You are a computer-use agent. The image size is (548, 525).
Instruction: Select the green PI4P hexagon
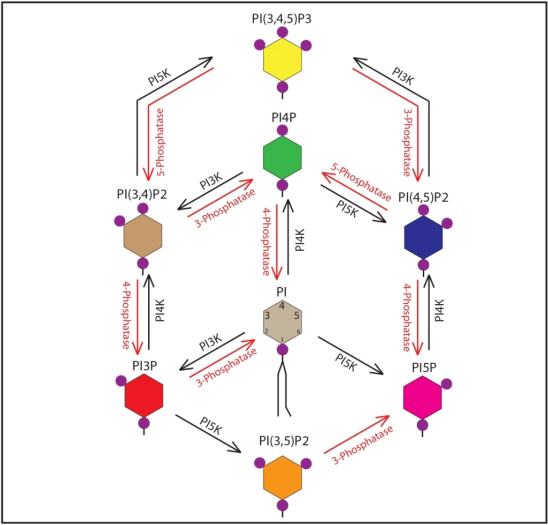click(x=282, y=158)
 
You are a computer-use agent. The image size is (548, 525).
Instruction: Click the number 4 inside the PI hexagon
click(x=282, y=305)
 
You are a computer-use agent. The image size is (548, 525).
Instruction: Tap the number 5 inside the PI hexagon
click(x=296, y=316)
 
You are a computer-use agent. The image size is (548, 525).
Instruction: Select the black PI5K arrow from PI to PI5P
click(x=351, y=355)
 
